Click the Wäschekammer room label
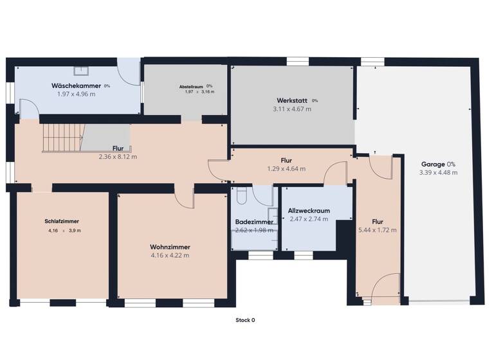76,85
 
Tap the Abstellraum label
191,86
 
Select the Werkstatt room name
291,101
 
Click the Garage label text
433,164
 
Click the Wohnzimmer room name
170,247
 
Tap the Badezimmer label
254,222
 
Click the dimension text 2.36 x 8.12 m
117,156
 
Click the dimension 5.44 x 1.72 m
378,230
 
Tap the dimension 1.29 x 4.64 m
286,168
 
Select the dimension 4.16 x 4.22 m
170,255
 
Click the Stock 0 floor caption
245,319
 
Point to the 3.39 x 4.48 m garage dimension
438,172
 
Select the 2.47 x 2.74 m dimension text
309,219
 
